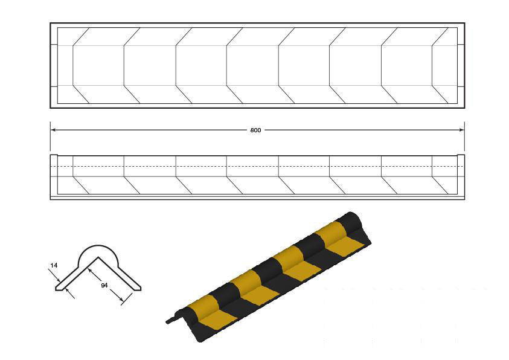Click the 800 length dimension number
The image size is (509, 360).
click(255, 130)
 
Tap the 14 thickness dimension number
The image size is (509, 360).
click(54, 265)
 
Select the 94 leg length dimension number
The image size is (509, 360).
click(104, 285)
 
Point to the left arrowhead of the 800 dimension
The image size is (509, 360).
click(54, 130)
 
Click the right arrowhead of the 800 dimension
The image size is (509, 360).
click(461, 130)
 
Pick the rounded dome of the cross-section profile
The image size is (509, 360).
click(99, 246)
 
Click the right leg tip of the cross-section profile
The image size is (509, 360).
click(139, 289)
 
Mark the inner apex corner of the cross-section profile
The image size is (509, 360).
click(98, 257)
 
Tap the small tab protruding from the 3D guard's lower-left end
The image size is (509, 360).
click(170, 320)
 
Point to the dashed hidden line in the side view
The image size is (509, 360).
click(257, 166)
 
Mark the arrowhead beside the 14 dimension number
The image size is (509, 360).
click(59, 280)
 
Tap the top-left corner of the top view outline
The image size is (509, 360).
click(50, 23)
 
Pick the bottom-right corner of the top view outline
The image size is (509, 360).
click(465, 108)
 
